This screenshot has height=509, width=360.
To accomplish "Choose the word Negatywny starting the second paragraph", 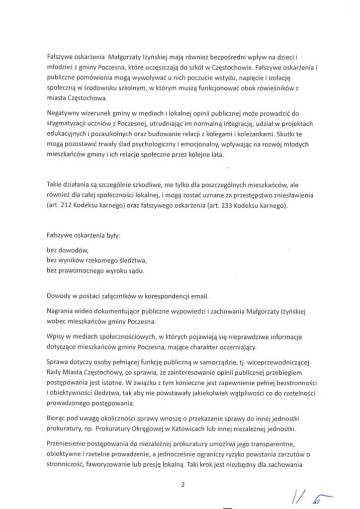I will [64, 112].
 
